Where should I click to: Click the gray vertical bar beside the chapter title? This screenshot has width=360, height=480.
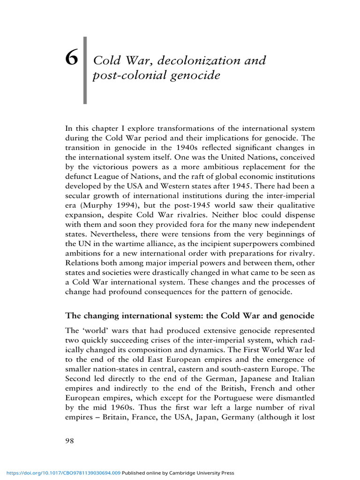85,70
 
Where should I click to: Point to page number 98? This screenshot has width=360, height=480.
69,441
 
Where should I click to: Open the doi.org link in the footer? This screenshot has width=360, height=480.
60,473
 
